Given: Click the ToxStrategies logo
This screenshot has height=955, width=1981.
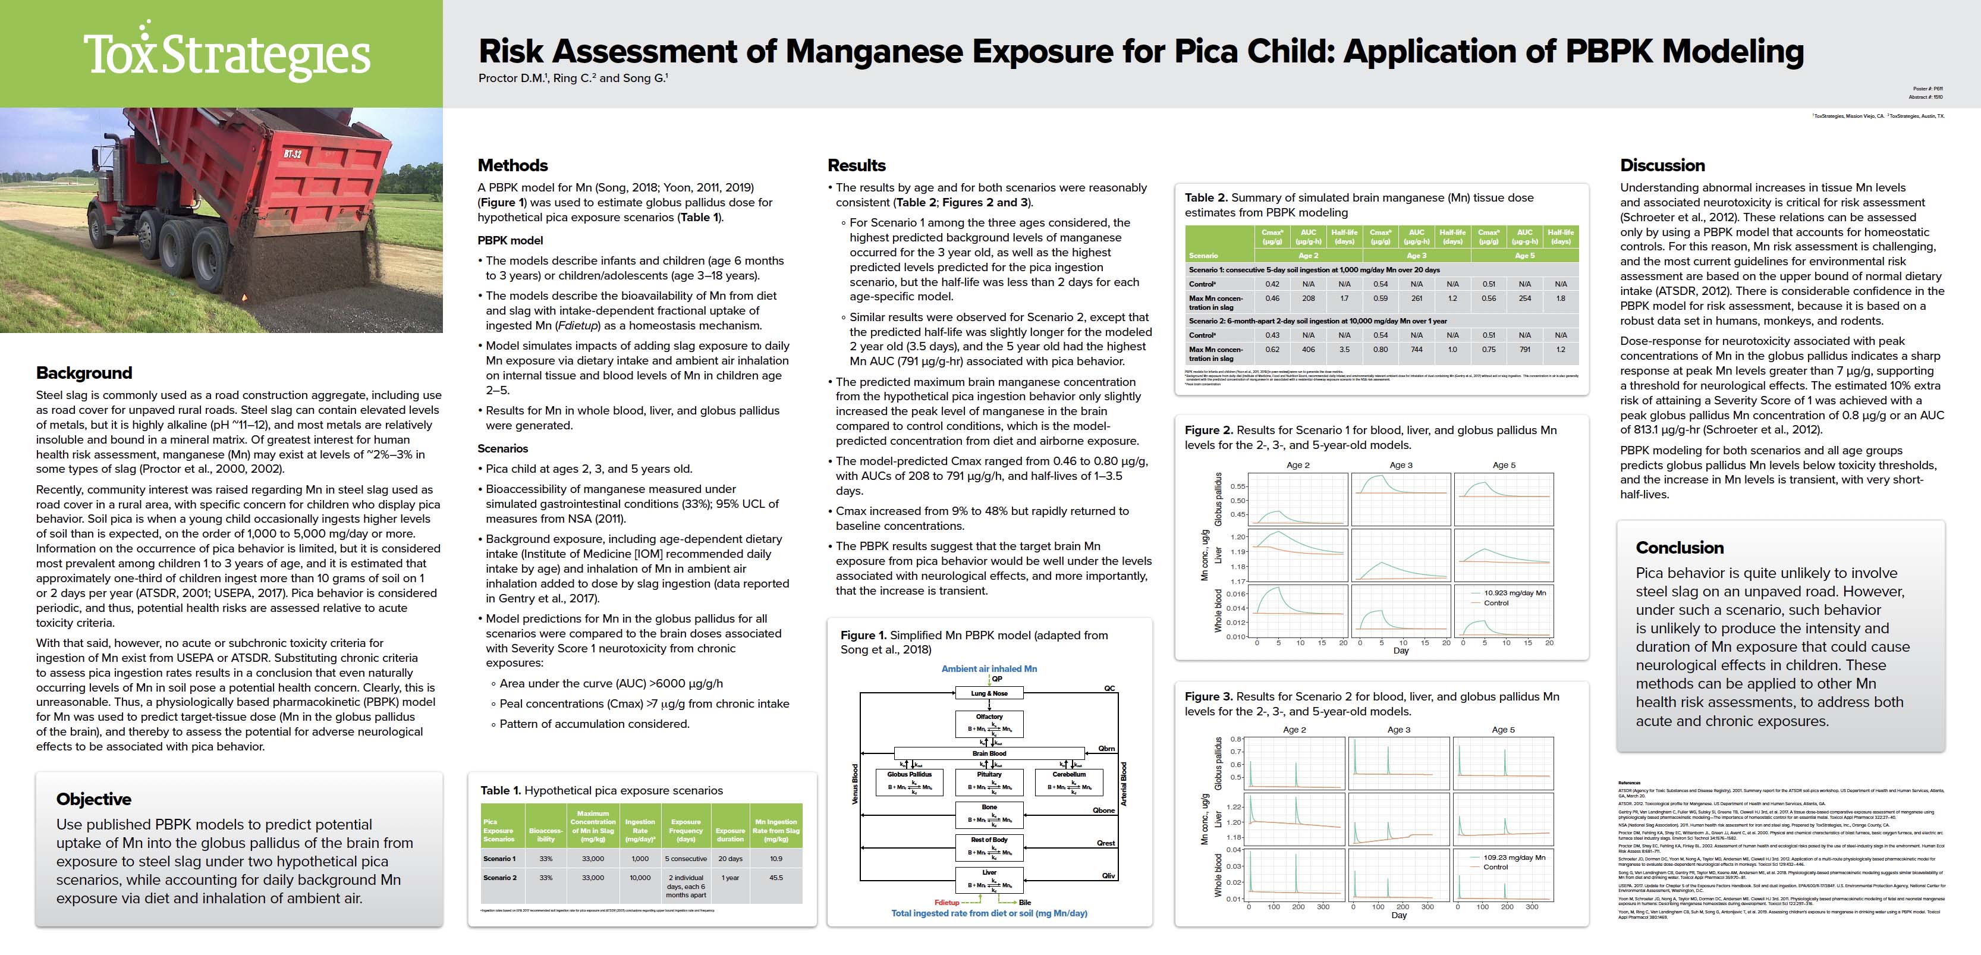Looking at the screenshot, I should (x=227, y=54).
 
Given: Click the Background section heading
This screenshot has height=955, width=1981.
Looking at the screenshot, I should (x=84, y=373).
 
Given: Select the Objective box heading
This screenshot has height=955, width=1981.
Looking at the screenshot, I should (x=94, y=799).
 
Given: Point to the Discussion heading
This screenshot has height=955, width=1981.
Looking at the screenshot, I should (x=1662, y=165).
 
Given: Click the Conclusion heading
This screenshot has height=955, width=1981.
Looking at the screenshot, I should (x=1680, y=548).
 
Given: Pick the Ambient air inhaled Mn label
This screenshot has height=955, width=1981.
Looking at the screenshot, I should (x=989, y=669).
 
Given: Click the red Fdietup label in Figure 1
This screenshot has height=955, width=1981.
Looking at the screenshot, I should (x=947, y=903).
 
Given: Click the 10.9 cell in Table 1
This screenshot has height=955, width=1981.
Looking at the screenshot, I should (x=776, y=859).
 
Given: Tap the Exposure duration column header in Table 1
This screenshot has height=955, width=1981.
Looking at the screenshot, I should (x=730, y=835).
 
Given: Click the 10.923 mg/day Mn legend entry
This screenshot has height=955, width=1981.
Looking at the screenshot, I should (x=1514, y=593).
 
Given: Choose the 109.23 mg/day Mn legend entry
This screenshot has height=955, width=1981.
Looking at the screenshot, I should (x=1514, y=857).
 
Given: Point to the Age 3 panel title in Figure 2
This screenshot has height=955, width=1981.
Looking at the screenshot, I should (x=1400, y=465).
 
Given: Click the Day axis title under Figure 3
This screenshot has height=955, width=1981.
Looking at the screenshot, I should (x=1399, y=916).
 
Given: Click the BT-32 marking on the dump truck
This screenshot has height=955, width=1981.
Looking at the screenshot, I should (x=293, y=154).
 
